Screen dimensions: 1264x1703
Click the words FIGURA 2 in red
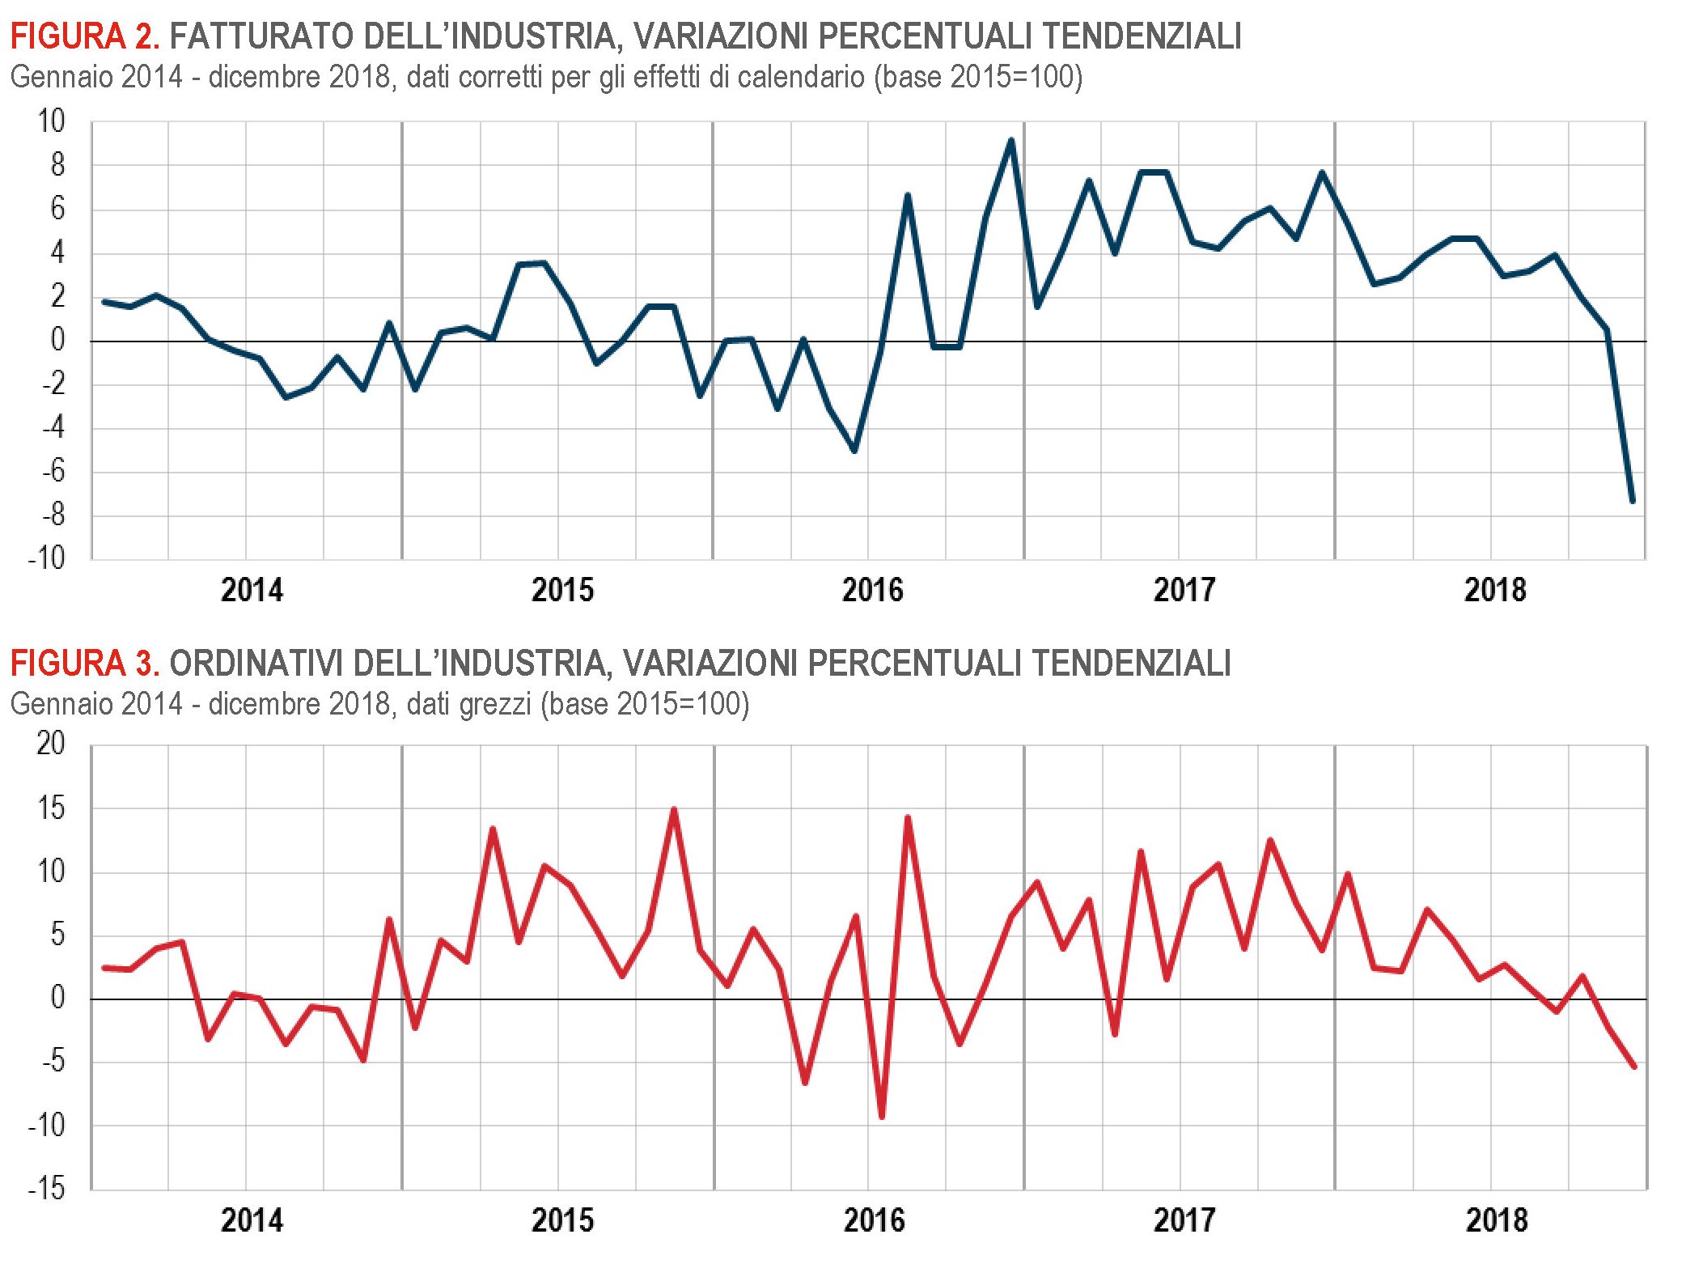pos(84,36)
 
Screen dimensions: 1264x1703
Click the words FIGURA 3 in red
pos(84,664)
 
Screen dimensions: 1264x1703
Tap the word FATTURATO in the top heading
pos(261,36)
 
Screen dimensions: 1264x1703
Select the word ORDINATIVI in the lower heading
pos(256,664)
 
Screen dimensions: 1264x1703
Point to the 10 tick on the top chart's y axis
pos(50,121)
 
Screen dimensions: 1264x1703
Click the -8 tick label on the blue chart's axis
pos(53,515)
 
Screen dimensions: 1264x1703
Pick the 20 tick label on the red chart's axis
pos(50,743)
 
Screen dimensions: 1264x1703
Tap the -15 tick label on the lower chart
pos(47,1189)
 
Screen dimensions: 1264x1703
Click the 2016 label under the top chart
pos(872,590)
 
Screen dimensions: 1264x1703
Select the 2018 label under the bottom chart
pos(1496,1219)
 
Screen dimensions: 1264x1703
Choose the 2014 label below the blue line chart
pos(252,590)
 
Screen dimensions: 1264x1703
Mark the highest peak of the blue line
pos(1011,141)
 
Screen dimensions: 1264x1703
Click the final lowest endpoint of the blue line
pos(1633,502)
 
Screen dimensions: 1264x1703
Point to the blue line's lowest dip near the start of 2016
pos(855,451)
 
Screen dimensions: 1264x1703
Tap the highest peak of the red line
pos(674,809)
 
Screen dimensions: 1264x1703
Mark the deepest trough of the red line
pos(882,1118)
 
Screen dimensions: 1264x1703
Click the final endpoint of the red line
pos(1634,1067)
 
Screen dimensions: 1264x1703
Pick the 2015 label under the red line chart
pos(562,1219)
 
